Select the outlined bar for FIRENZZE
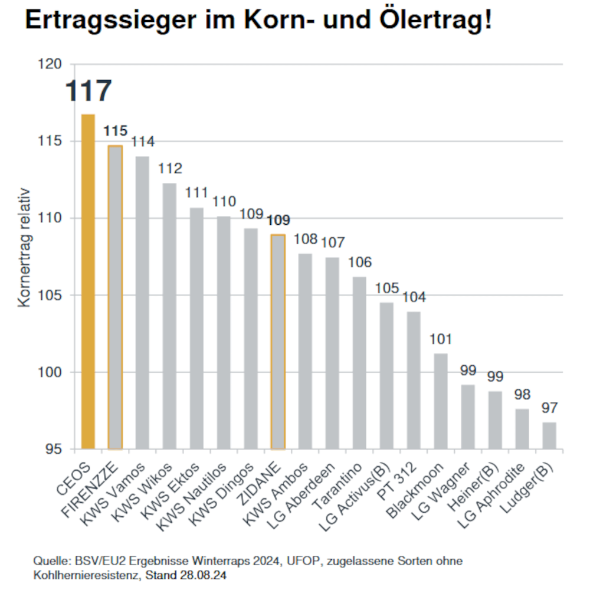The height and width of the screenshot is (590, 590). click(115, 297)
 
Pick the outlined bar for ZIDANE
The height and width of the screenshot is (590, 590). click(277, 342)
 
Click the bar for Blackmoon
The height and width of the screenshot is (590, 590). click(440, 401)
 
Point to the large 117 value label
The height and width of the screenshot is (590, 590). click(88, 91)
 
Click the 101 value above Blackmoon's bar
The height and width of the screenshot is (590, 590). click(440, 340)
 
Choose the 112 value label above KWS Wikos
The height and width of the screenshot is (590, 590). click(170, 169)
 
